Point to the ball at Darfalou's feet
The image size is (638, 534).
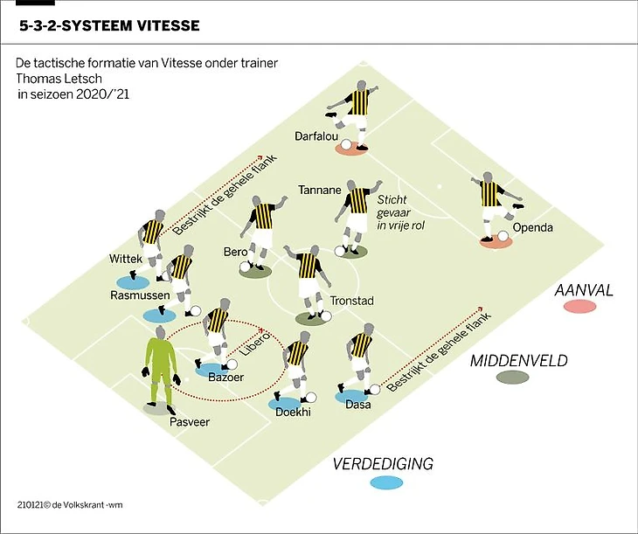[x=347, y=144]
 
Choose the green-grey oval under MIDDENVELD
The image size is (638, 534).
[x=511, y=378]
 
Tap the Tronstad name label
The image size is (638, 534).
[x=351, y=302]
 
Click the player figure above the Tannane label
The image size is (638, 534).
[x=357, y=214]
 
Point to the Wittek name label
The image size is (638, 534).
[x=125, y=259]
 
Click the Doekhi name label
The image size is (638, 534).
[x=293, y=412]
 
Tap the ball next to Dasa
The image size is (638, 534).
[x=374, y=390]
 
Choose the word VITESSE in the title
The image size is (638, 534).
[x=163, y=25]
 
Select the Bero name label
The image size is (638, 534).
[x=236, y=253]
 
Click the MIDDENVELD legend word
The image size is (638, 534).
[x=519, y=360]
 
